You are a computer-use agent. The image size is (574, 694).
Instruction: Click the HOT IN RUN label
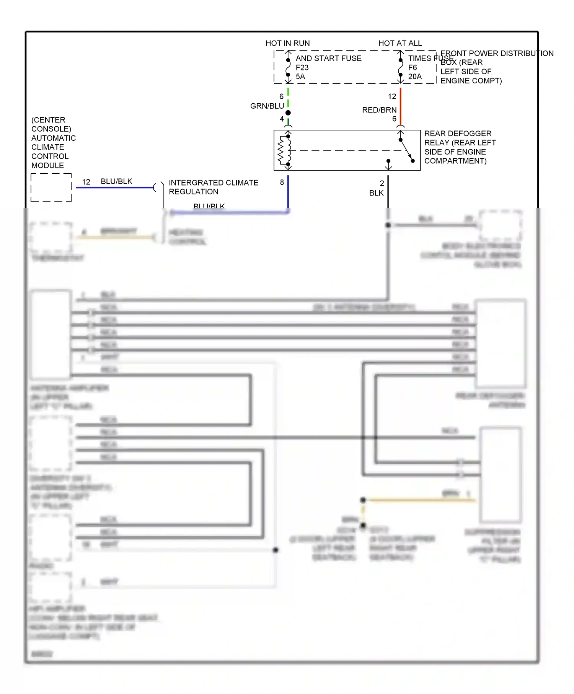(x=287, y=43)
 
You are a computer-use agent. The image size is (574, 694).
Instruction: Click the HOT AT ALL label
(x=400, y=43)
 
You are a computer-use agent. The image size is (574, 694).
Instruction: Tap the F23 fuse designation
(x=302, y=68)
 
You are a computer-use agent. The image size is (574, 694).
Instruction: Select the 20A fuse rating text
(x=415, y=77)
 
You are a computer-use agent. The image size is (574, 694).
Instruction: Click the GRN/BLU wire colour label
(x=267, y=106)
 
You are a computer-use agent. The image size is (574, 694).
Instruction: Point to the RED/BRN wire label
(x=379, y=110)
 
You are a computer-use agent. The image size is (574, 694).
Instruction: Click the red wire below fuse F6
(x=400, y=103)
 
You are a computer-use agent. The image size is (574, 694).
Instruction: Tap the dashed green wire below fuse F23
(x=288, y=98)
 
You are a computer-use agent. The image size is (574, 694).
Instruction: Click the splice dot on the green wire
(x=288, y=113)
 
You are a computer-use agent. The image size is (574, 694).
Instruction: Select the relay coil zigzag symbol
(x=281, y=150)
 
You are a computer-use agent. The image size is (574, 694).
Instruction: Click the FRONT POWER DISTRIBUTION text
(x=497, y=54)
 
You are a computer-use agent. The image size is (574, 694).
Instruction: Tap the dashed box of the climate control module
(x=51, y=187)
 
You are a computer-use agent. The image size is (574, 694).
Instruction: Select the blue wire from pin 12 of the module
(x=115, y=187)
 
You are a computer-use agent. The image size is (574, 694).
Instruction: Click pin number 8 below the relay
(x=282, y=182)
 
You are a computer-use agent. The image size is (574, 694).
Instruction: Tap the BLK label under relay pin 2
(x=376, y=193)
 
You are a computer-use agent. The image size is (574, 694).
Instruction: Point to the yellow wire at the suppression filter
(x=421, y=500)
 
